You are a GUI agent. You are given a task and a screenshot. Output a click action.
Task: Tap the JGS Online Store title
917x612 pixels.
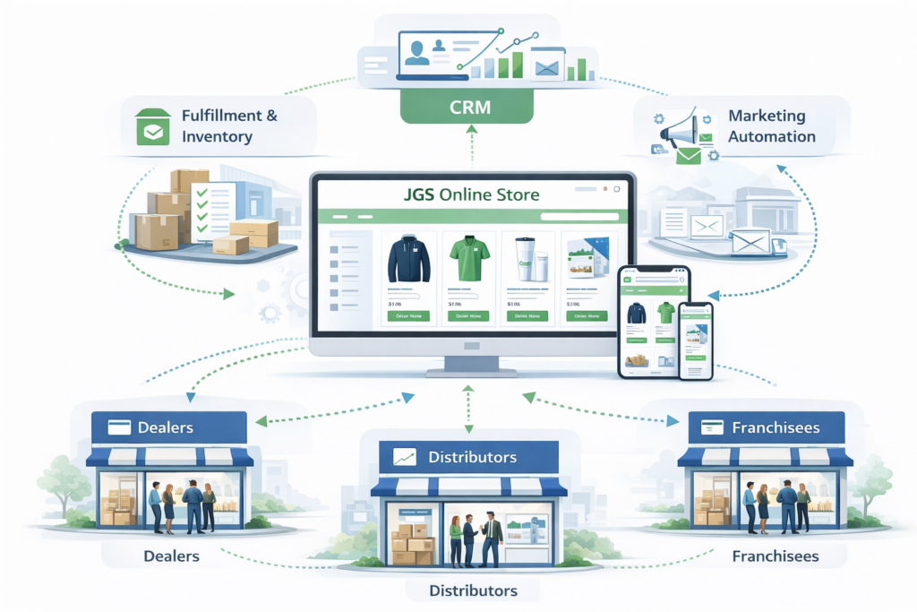tap(473, 193)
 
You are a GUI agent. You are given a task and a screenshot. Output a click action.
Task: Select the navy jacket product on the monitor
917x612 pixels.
tap(409, 261)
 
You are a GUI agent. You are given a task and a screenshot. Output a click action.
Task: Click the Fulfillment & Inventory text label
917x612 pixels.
tap(229, 126)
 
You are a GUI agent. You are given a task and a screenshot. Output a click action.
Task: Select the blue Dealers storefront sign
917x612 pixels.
tap(169, 427)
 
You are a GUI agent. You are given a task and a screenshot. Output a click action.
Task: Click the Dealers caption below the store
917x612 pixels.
tap(171, 556)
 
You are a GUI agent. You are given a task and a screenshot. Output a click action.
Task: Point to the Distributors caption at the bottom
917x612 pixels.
tap(473, 590)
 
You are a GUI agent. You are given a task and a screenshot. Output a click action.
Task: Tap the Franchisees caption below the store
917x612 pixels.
tap(775, 556)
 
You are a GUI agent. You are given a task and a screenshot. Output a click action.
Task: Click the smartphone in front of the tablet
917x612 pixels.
tap(695, 340)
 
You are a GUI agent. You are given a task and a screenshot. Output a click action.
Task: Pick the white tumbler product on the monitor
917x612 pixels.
tap(528, 261)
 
